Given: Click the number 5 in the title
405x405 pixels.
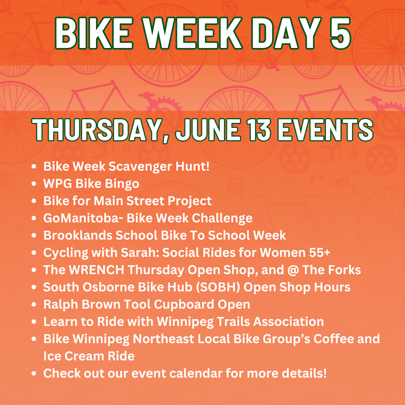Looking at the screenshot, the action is pos(340,33).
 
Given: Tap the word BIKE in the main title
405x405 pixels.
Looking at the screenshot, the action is pos(94,33).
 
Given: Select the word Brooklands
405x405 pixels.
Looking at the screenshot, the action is pos(78,235).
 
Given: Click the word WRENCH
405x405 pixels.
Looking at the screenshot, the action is pos(97,270).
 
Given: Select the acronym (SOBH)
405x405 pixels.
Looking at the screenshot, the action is pos(218,287).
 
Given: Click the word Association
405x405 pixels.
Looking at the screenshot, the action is pos(288,322).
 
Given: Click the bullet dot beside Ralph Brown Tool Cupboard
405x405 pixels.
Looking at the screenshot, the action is pos(34,305).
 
